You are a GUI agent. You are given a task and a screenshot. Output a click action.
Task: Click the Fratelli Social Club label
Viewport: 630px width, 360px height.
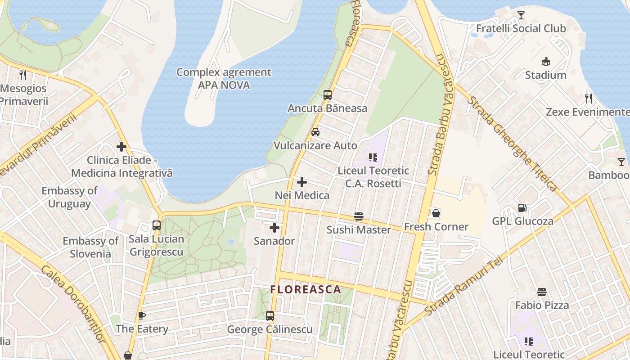click(521, 28)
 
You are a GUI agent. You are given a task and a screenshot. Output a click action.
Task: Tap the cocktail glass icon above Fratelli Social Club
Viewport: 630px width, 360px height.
click(521, 15)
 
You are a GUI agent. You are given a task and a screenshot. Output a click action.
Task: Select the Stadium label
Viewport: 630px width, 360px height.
click(545, 75)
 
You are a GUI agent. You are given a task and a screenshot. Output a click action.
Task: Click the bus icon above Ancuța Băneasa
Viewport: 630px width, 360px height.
click(328, 95)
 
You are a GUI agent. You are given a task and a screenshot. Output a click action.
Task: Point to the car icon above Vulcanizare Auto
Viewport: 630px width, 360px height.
click(315, 132)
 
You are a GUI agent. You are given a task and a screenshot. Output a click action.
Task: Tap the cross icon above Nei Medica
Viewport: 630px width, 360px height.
click(302, 182)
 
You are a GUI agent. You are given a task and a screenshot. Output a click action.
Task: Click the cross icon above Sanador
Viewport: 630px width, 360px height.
click(274, 228)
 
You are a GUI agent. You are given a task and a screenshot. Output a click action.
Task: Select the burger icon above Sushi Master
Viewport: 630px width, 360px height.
click(359, 216)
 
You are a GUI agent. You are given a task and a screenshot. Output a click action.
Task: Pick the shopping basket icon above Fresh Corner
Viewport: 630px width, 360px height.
click(436, 213)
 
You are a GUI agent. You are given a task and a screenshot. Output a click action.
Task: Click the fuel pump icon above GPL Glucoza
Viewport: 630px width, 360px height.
click(522, 208)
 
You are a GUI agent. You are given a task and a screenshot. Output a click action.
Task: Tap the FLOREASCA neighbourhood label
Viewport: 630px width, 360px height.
click(306, 290)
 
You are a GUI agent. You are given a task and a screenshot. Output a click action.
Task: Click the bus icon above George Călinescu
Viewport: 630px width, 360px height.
click(270, 316)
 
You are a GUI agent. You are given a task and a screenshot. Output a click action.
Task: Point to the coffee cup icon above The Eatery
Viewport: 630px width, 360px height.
click(142, 315)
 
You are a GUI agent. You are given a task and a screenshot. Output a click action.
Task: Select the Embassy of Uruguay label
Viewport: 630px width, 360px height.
click(69, 197)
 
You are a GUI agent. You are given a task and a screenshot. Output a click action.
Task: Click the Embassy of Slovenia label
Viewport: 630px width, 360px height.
click(90, 247)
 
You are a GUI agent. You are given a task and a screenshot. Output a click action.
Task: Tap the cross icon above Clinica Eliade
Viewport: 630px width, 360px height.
click(121, 147)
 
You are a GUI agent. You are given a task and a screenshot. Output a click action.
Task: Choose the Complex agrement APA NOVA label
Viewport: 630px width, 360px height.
click(224, 79)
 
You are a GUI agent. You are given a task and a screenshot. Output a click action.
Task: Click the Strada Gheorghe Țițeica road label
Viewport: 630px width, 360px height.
click(512, 143)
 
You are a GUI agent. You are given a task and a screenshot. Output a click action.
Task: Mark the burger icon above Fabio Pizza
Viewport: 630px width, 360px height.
click(542, 292)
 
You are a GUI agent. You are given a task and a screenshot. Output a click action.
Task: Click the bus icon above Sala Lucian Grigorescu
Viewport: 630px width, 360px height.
click(157, 225)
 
